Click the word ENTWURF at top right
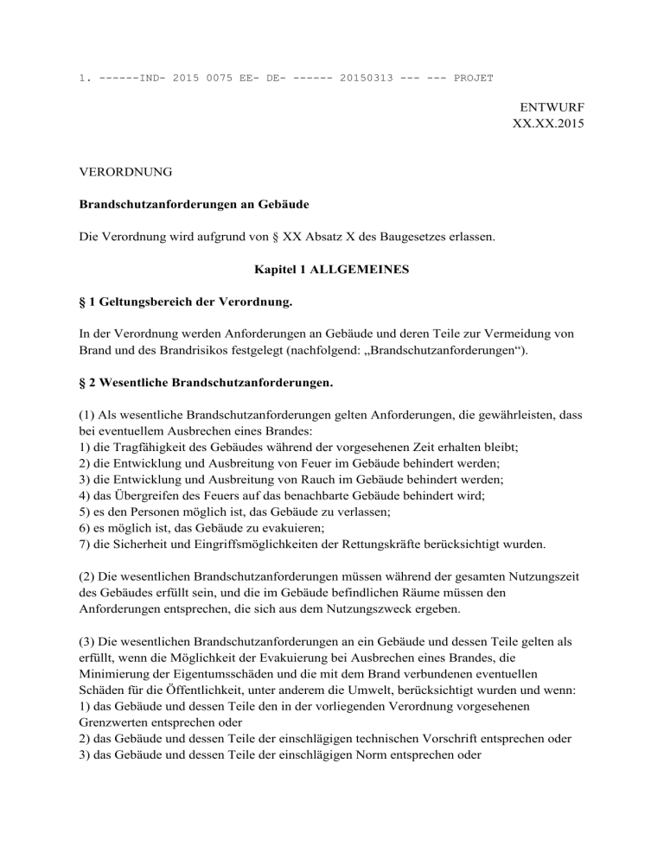point(552,108)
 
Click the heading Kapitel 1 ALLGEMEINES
point(331,270)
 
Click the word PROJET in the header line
point(473,78)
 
